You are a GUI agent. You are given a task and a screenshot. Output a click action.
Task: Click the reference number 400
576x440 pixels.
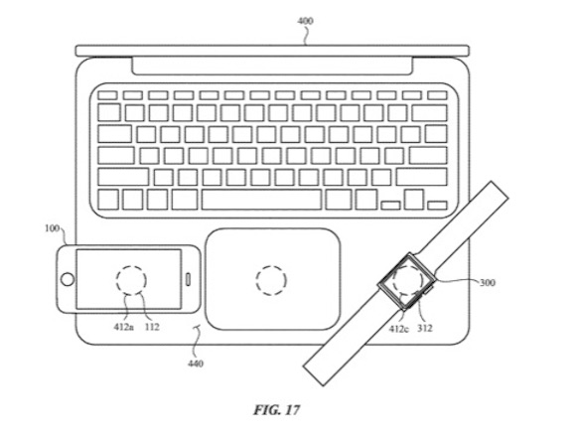coord(305,21)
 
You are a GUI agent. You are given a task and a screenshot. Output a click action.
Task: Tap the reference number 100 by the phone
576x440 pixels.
coord(52,228)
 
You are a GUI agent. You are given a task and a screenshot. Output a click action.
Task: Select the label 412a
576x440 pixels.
coord(123,327)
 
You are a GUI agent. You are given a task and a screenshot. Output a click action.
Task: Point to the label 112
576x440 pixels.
coord(152,327)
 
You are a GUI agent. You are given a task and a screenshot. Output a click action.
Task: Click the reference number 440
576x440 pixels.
coord(196,364)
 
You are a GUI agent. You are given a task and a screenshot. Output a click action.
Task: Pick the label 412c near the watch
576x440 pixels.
coord(398,329)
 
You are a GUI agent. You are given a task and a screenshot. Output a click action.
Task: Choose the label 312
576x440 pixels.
coord(424,328)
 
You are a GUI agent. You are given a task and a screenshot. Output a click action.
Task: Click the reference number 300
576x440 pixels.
coord(487,282)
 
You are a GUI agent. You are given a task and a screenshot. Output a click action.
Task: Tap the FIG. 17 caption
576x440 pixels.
coord(277,409)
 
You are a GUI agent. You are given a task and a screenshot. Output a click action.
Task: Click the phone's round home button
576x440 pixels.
coord(68,279)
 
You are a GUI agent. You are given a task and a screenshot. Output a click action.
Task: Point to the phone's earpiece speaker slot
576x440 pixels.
coord(188,279)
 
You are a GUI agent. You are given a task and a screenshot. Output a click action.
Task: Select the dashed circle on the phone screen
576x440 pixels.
coord(131,265)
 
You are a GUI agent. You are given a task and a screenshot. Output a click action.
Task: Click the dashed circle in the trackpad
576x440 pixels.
coord(271,266)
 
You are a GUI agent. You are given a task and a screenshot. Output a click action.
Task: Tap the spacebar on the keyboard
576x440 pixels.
coord(261,200)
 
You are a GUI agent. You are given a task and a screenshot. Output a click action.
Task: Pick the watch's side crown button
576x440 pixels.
coord(429,290)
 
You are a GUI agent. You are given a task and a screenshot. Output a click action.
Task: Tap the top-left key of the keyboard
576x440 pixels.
coord(107,95)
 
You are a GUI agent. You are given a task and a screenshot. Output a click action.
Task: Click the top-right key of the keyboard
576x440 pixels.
coord(437,95)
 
